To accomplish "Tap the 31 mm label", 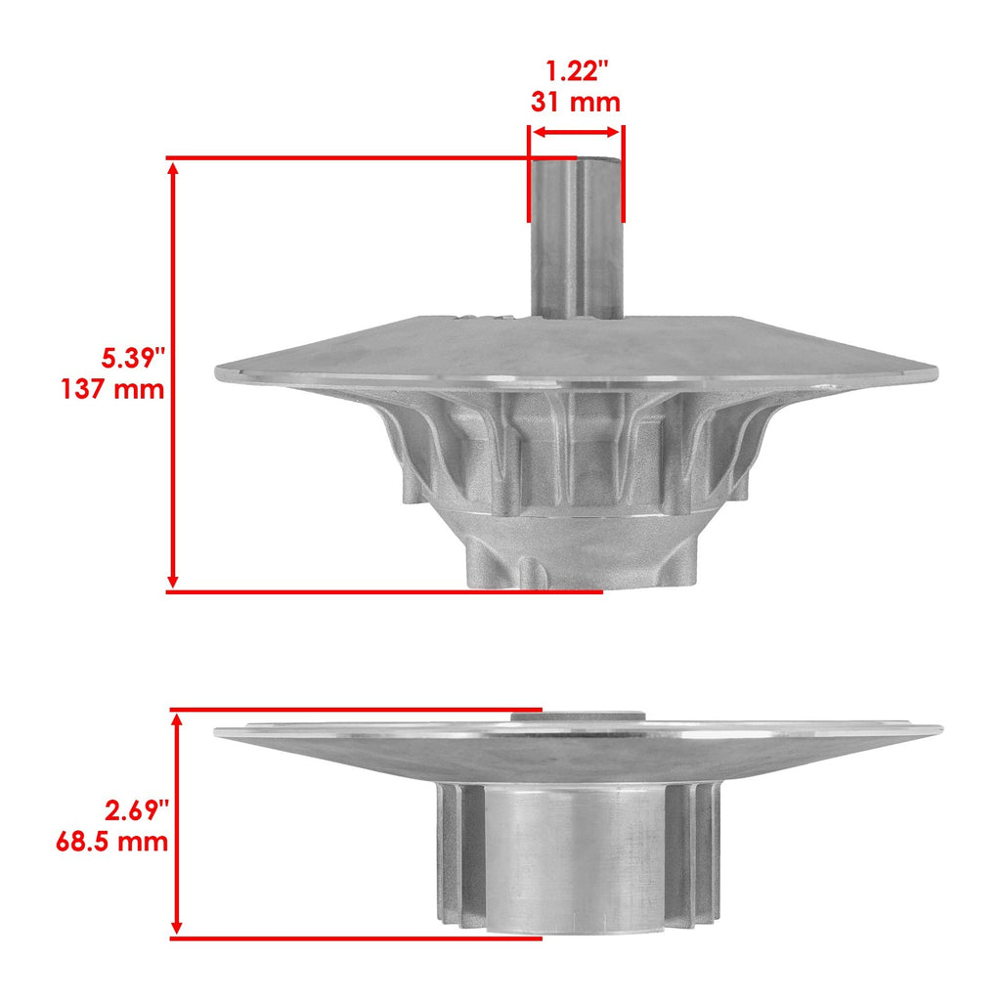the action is click(x=575, y=102).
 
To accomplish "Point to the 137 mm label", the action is click(x=113, y=389).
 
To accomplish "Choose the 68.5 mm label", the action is click(x=112, y=842).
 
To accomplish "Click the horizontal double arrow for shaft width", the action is click(x=576, y=132).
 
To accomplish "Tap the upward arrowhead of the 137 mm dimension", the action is click(x=172, y=169).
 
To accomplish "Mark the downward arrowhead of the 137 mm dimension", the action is click(x=172, y=581).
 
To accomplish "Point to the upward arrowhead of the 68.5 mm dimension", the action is click(x=178, y=720).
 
